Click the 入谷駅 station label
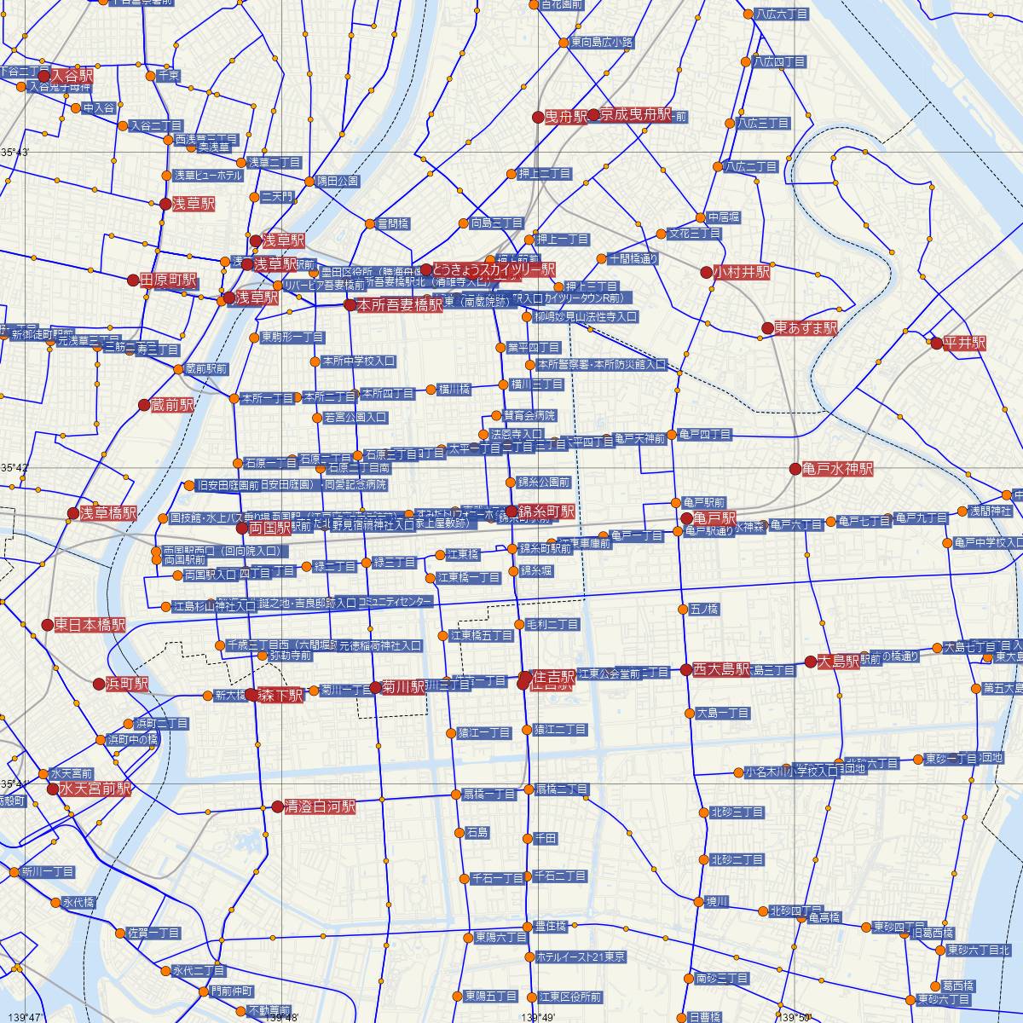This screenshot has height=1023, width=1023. pos(72,76)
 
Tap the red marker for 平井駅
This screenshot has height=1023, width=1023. pos(936,344)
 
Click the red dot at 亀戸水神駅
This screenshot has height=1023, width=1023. pos(795,469)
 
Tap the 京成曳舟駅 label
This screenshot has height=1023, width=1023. pos(636,115)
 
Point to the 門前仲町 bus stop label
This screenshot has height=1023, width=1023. pos(232,991)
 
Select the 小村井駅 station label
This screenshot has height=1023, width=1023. pos(742,273)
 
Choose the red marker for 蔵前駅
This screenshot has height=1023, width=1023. pos(144,406)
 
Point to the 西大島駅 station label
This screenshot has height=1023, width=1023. pos(721,669)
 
